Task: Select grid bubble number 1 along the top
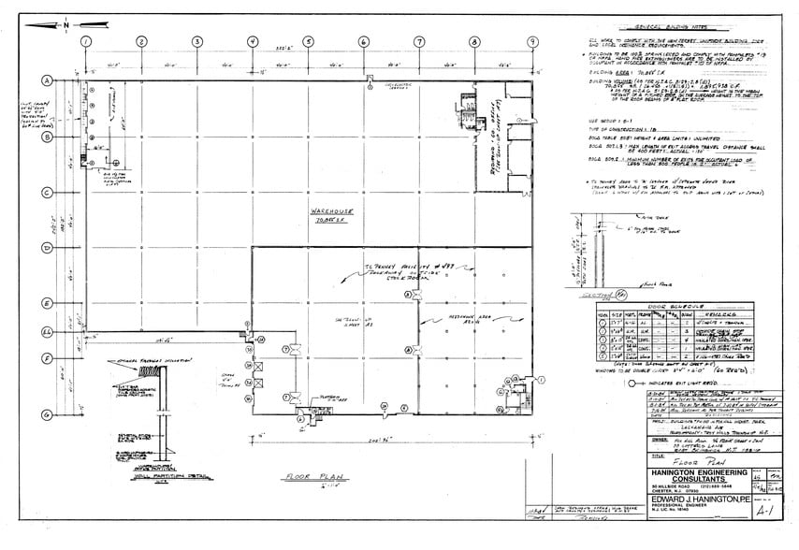tap(85, 42)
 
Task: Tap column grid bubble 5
tap(308, 42)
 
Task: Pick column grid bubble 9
tap(531, 42)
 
